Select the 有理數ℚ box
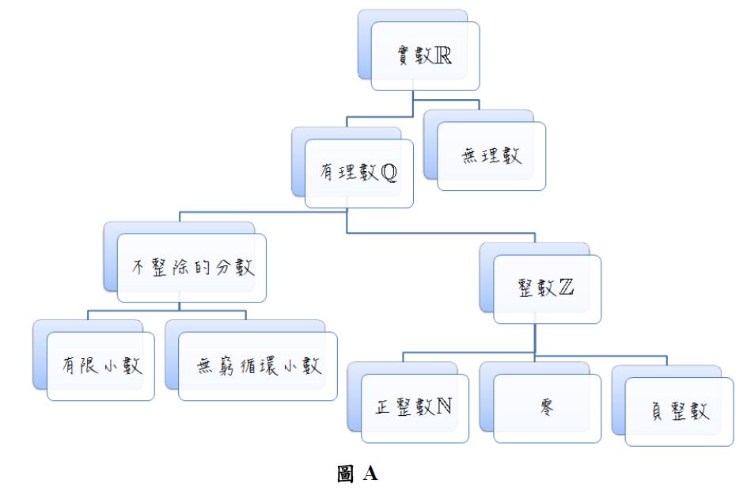pos(358,172)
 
